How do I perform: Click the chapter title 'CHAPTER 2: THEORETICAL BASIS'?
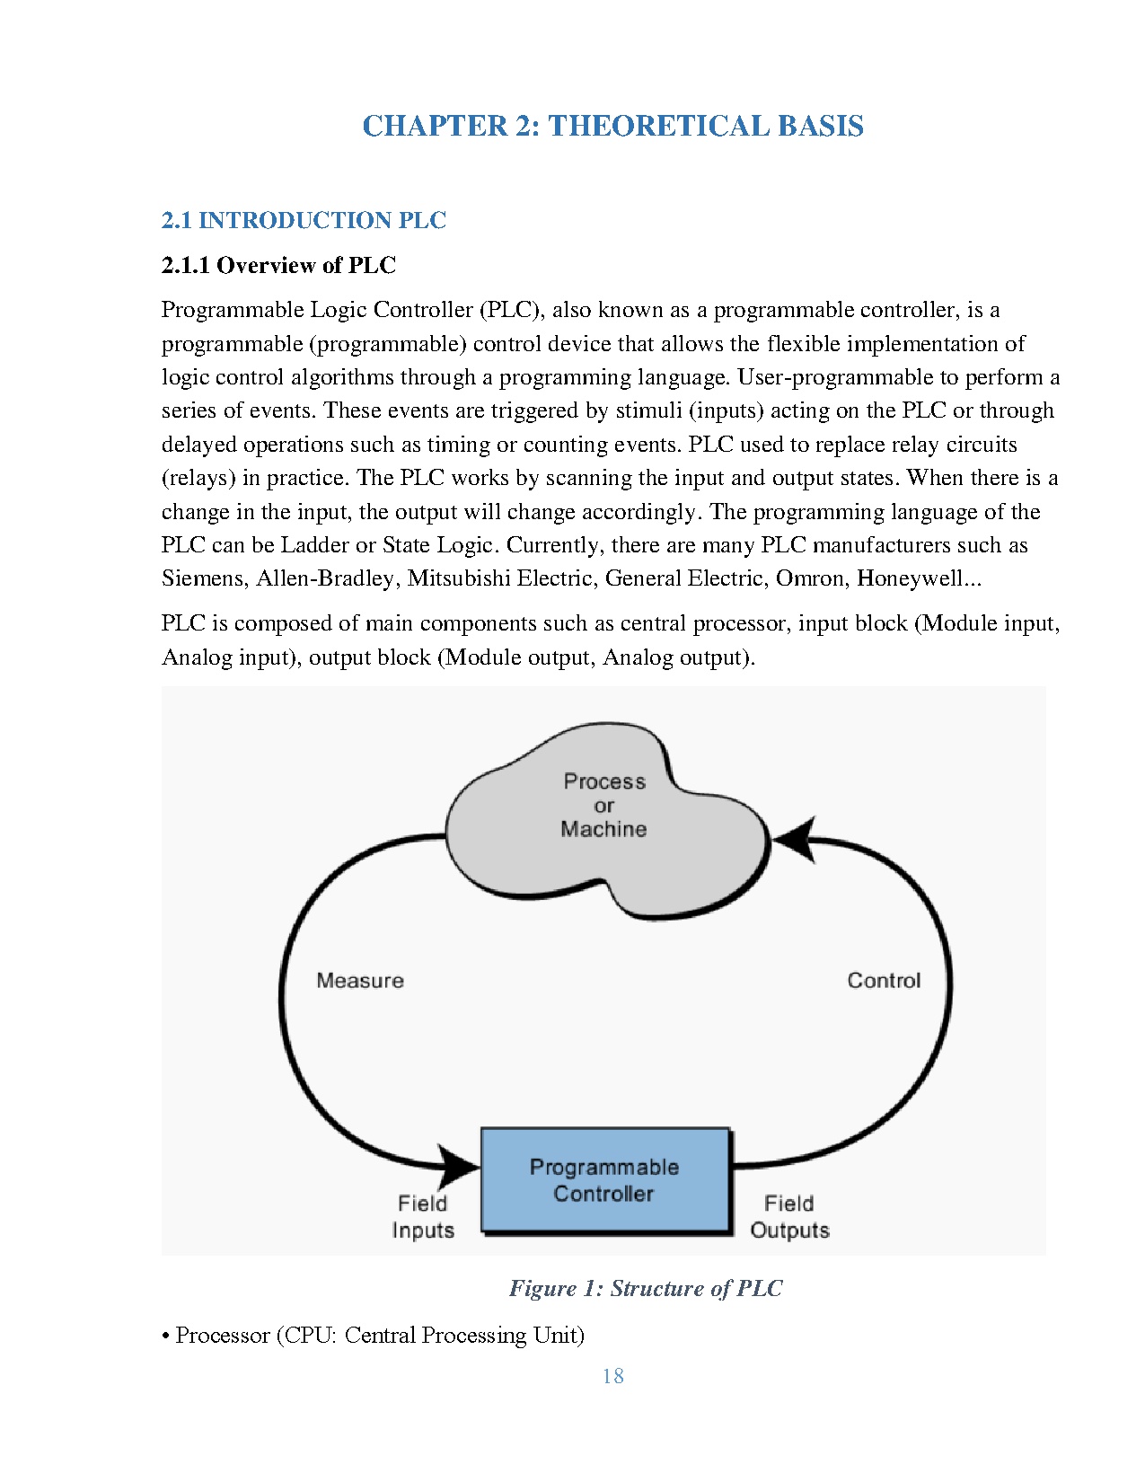point(612,126)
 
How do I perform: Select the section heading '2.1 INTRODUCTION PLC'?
point(304,220)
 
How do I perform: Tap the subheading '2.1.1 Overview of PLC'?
point(278,265)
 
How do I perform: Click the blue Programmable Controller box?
point(605,1180)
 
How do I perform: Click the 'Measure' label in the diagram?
point(360,981)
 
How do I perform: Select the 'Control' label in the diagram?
point(884,981)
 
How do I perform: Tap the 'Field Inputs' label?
point(423,1217)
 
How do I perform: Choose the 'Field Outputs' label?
point(789,1217)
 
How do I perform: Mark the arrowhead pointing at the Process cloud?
point(796,840)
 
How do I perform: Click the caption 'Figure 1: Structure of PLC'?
point(645,1288)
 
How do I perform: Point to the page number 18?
point(613,1376)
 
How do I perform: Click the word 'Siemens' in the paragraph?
point(202,578)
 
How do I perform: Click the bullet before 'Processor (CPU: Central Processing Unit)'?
point(166,1336)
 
